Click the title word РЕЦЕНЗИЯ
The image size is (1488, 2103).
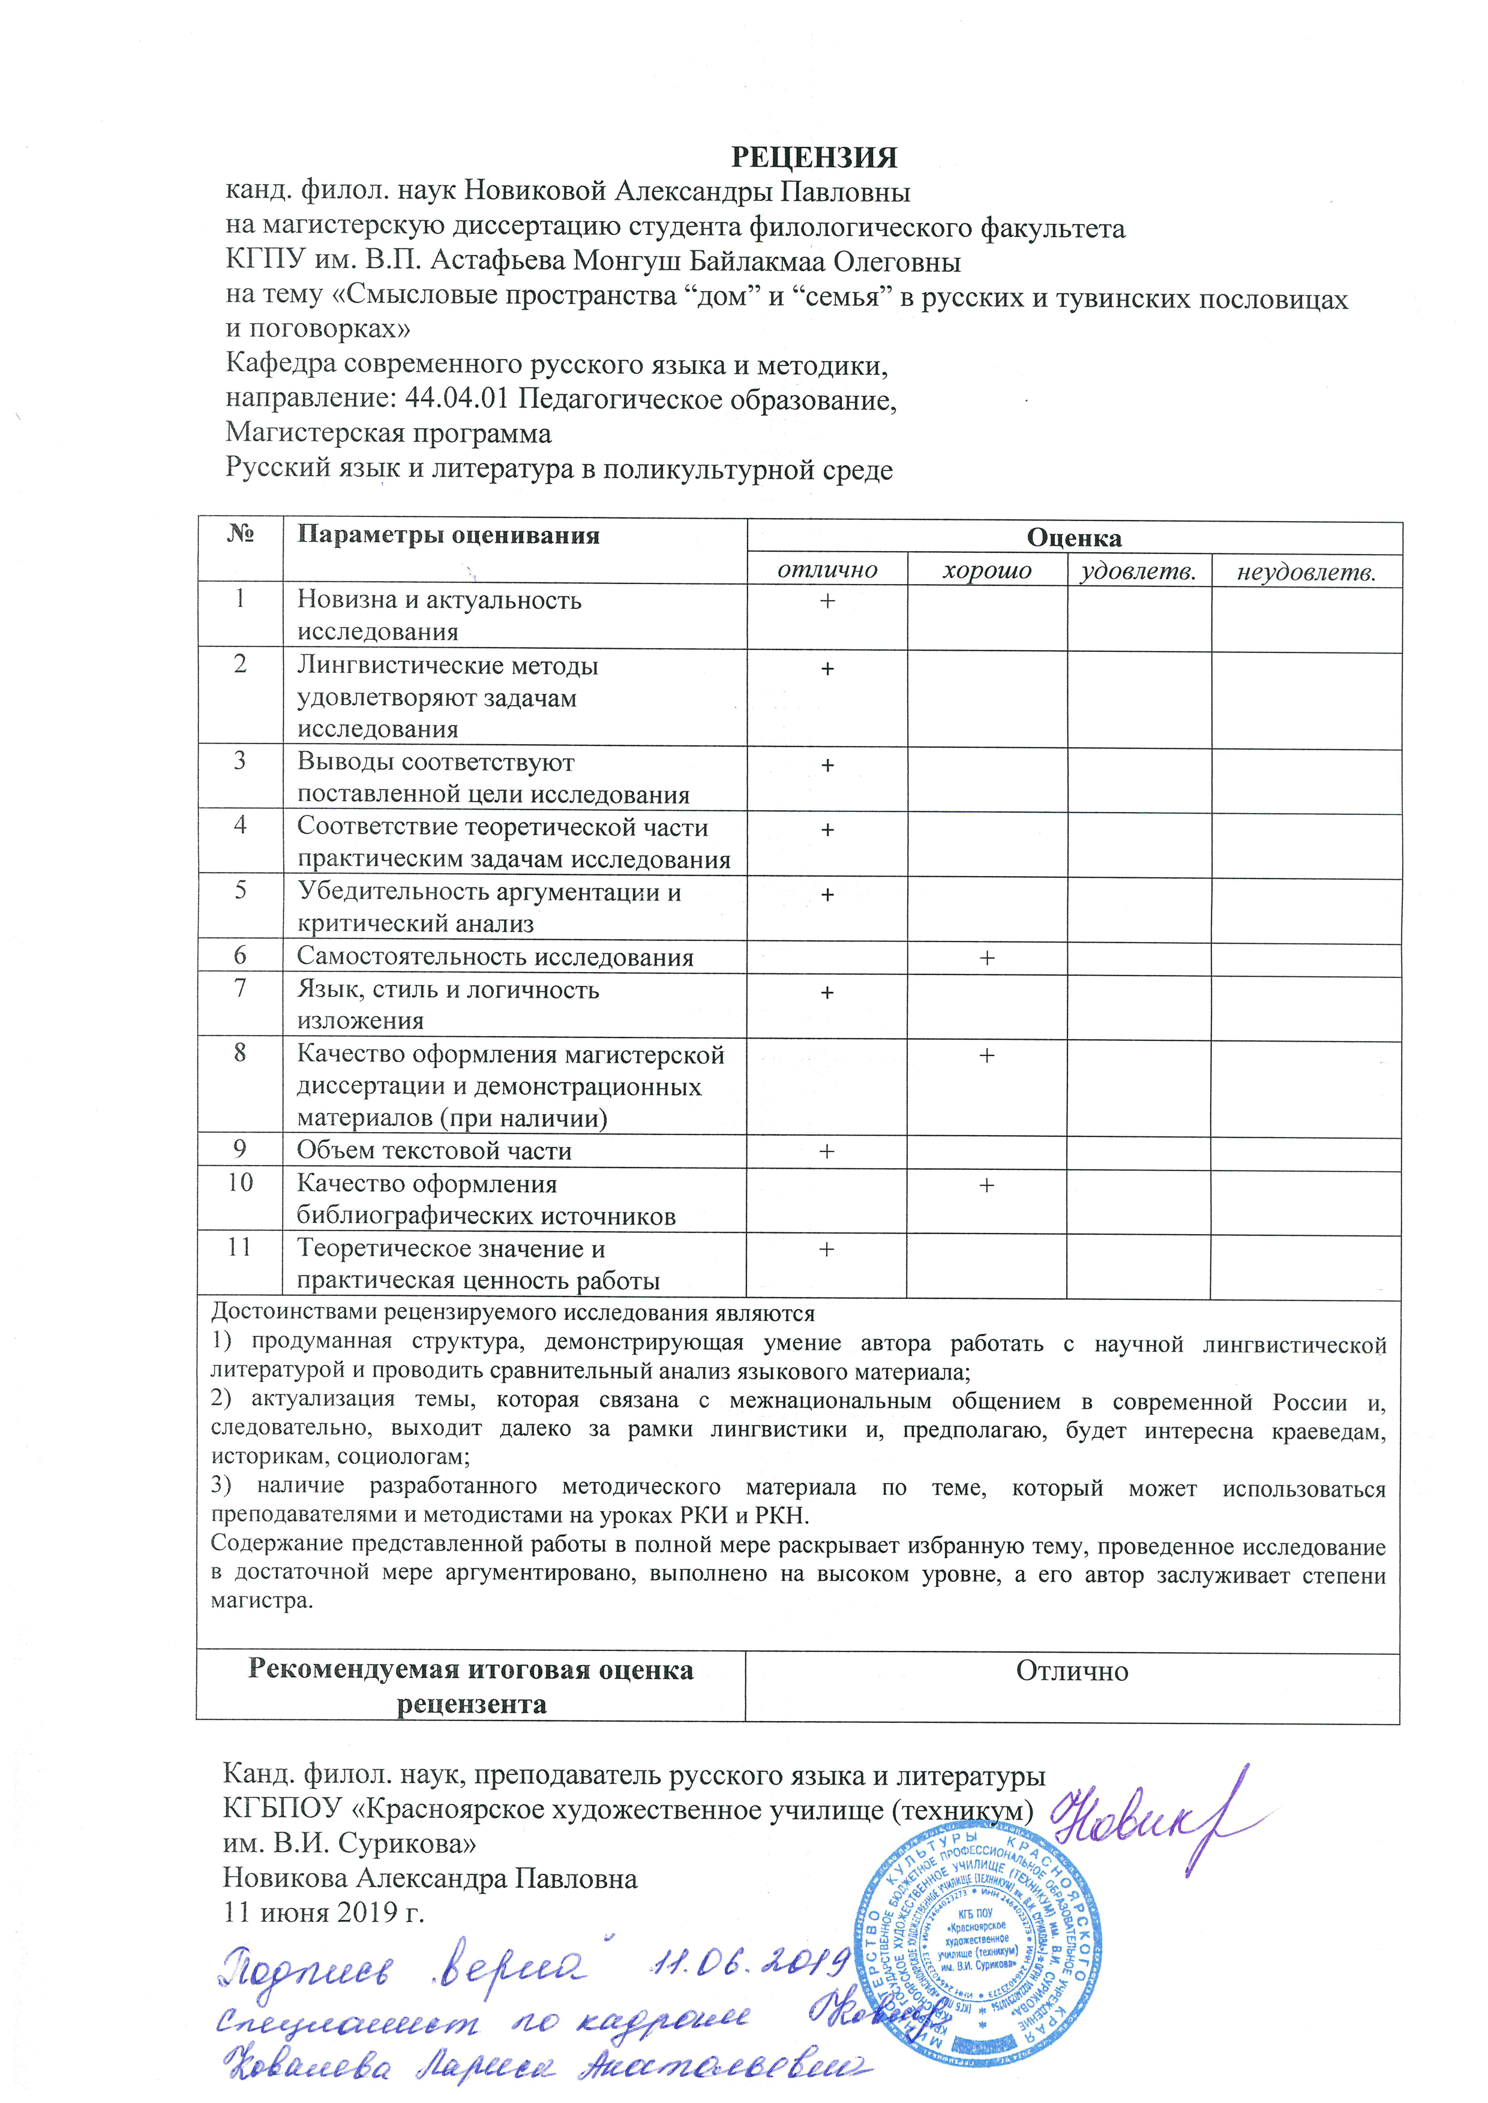coord(814,158)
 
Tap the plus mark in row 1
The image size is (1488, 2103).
coord(827,601)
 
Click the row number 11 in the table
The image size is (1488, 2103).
coord(239,1247)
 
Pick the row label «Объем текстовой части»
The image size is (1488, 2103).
coord(433,1150)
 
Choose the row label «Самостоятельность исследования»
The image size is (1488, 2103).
coord(495,957)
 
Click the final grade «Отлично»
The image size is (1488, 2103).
coord(1072,1672)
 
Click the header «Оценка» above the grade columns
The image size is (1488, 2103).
coord(1074,538)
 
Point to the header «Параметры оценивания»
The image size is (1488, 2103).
coord(448,536)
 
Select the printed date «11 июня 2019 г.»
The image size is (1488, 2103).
coord(323,1912)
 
